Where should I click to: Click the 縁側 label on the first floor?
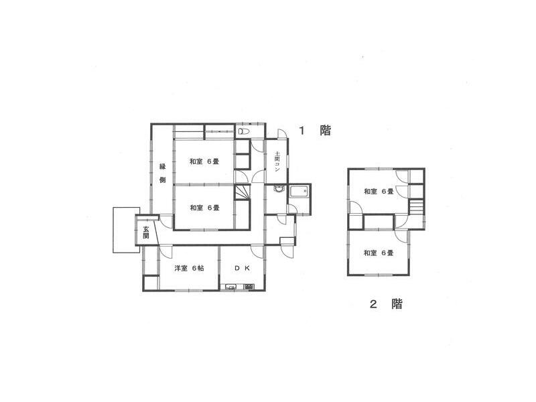[x=162, y=172]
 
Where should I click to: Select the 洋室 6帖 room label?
[x=190, y=269]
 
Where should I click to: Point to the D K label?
[x=242, y=269]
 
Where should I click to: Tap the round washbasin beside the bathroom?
[x=277, y=190]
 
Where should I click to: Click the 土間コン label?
[x=277, y=163]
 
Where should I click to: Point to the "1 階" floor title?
[x=315, y=131]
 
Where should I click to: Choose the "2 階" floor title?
[x=387, y=304]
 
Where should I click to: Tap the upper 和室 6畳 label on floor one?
[x=204, y=161]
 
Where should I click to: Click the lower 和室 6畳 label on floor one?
[x=204, y=208]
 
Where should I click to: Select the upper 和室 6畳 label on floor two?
[x=379, y=192]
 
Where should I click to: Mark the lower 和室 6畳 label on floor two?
[x=379, y=253]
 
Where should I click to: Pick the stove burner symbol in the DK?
[x=249, y=287]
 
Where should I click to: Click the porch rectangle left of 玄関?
[x=125, y=229]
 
